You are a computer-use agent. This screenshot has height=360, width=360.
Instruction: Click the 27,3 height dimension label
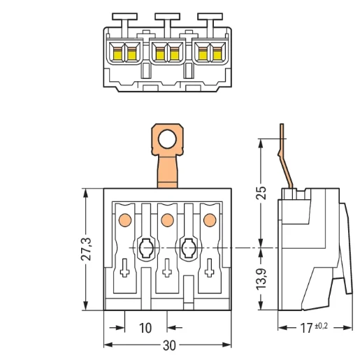coord(86,249)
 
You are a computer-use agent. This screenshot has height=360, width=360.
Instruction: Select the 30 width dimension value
coord(169,346)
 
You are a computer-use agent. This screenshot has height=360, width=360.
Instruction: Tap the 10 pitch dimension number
coord(145,328)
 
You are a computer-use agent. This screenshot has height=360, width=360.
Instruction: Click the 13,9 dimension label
coord(261,279)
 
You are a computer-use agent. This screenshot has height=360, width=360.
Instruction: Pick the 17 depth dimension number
coord(306,328)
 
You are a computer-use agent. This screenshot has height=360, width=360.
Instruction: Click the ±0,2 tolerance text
coord(322,326)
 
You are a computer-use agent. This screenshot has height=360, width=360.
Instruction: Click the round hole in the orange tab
coord(167,139)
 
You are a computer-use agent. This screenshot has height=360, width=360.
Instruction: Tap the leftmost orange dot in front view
coord(125,219)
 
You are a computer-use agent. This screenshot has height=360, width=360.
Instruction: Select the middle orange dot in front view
coord(167,219)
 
